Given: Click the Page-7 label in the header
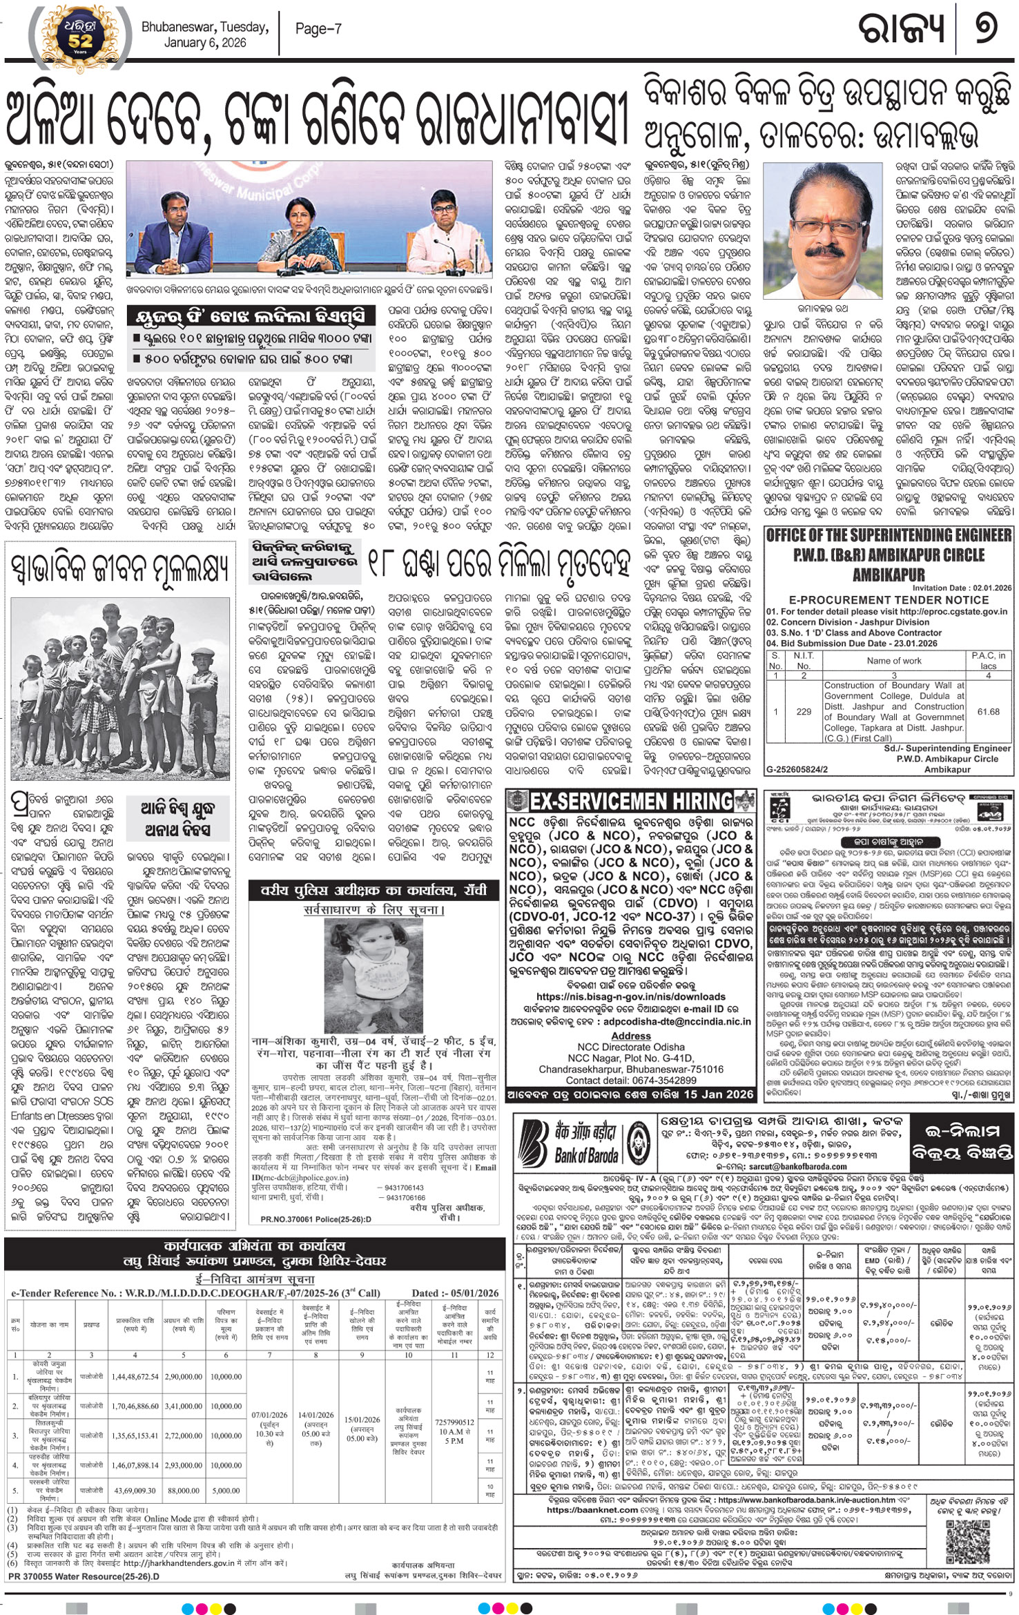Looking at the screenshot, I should click(318, 29).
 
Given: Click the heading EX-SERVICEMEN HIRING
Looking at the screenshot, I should click(631, 802).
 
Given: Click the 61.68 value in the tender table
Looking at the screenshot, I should click(988, 711).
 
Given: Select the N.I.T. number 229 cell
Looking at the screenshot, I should click(803, 711).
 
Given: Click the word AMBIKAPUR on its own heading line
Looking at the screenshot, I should click(889, 574).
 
